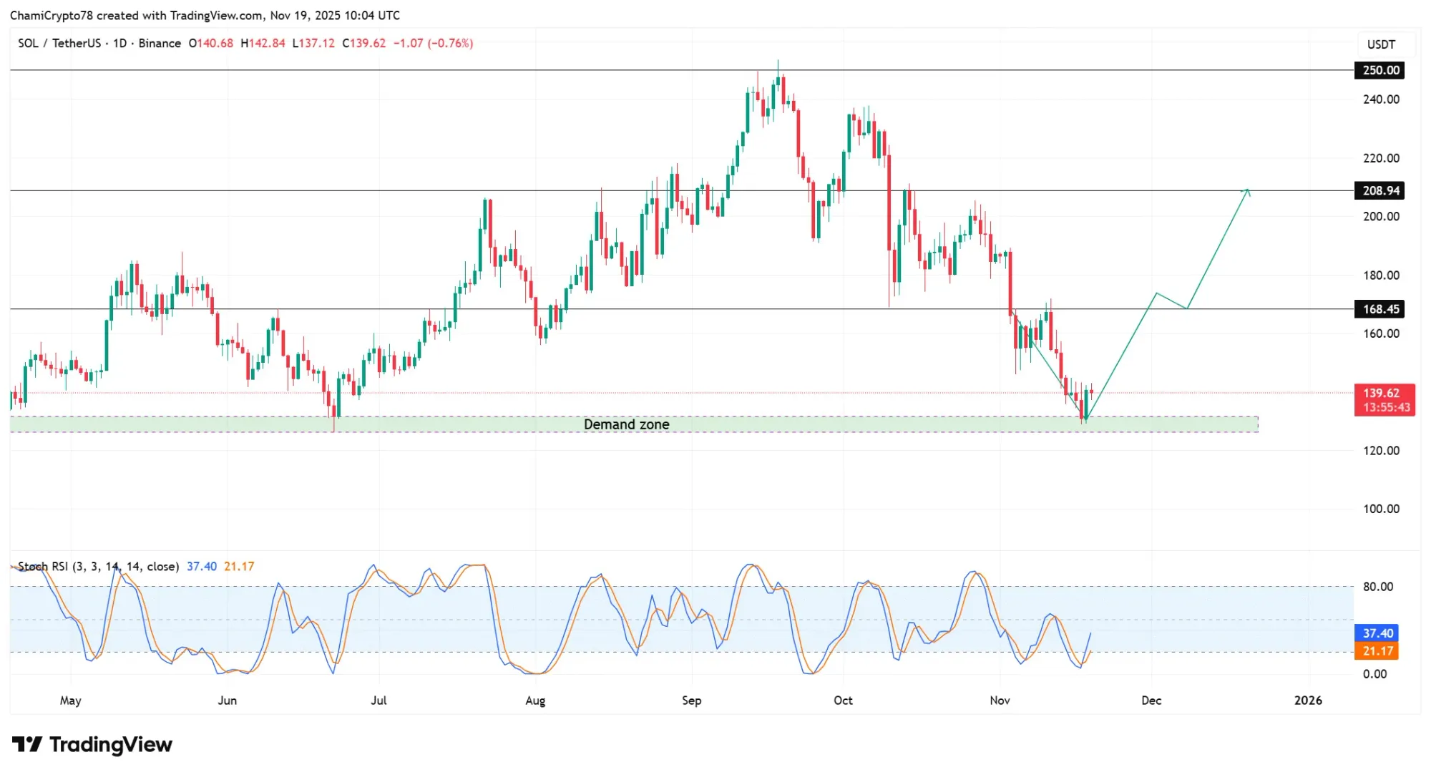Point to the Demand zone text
click(626, 424)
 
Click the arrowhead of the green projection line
click(1247, 190)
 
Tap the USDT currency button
click(1381, 44)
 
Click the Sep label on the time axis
click(691, 701)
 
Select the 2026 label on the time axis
click(1307, 701)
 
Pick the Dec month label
click(1151, 701)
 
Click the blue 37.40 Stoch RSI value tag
click(1377, 633)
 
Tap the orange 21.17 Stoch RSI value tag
click(1377, 651)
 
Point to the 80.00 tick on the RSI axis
click(1377, 587)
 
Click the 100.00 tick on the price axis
click(1380, 509)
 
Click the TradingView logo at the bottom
click(92, 745)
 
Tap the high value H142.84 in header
click(263, 44)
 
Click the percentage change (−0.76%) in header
click(450, 44)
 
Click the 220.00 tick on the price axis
click(1380, 158)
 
